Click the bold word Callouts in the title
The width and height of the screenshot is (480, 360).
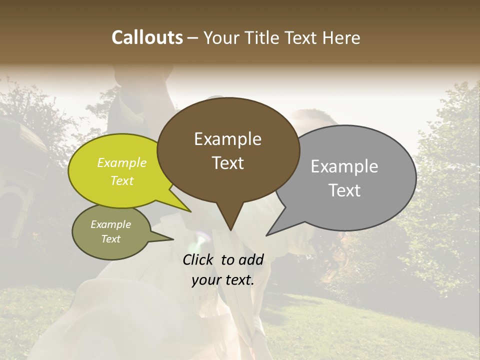(x=147, y=37)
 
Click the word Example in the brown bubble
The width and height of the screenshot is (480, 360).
(x=227, y=139)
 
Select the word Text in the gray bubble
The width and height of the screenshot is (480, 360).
(x=344, y=190)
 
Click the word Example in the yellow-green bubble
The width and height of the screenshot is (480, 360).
(x=122, y=162)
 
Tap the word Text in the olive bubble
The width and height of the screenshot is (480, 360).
(x=111, y=239)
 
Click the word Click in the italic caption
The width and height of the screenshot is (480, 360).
(x=198, y=259)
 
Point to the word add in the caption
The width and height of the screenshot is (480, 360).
(x=251, y=259)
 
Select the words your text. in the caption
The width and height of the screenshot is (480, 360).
(x=223, y=280)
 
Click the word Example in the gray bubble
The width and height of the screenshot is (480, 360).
(x=344, y=166)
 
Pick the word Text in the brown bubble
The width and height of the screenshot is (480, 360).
(x=228, y=163)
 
